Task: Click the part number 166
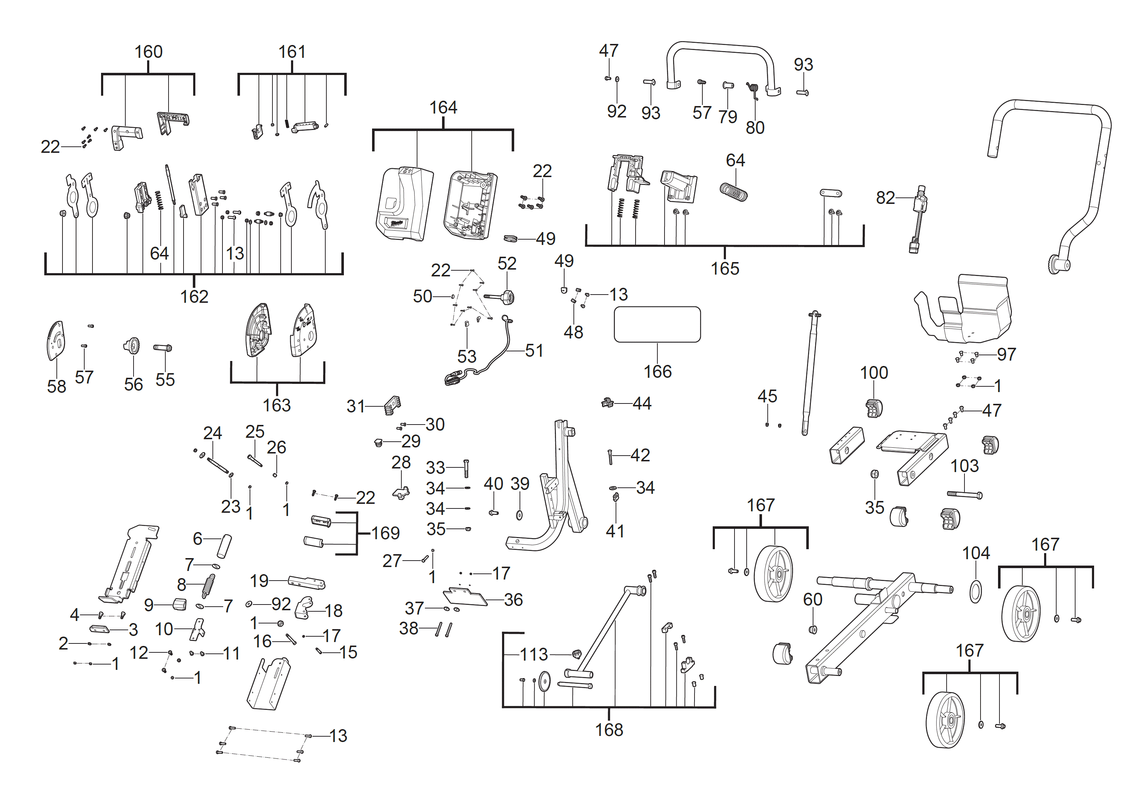657,371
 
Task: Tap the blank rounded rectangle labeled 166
657,325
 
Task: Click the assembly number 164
443,107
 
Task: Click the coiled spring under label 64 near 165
733,191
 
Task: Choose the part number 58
56,386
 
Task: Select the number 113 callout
533,655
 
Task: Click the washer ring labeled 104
976,592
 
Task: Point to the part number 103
964,466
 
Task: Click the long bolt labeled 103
964,495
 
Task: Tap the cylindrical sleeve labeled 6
224,546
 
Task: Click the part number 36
513,600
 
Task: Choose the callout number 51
534,351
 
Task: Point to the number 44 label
642,404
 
